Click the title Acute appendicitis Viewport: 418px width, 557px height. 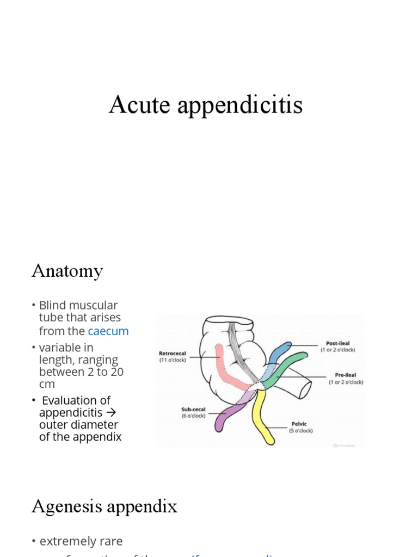coord(205,104)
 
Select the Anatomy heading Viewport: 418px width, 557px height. coord(67,270)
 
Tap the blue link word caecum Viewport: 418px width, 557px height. coord(108,331)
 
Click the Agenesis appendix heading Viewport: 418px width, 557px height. coord(104,506)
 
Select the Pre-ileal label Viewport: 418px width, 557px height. coord(345,375)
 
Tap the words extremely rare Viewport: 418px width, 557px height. coord(81,541)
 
